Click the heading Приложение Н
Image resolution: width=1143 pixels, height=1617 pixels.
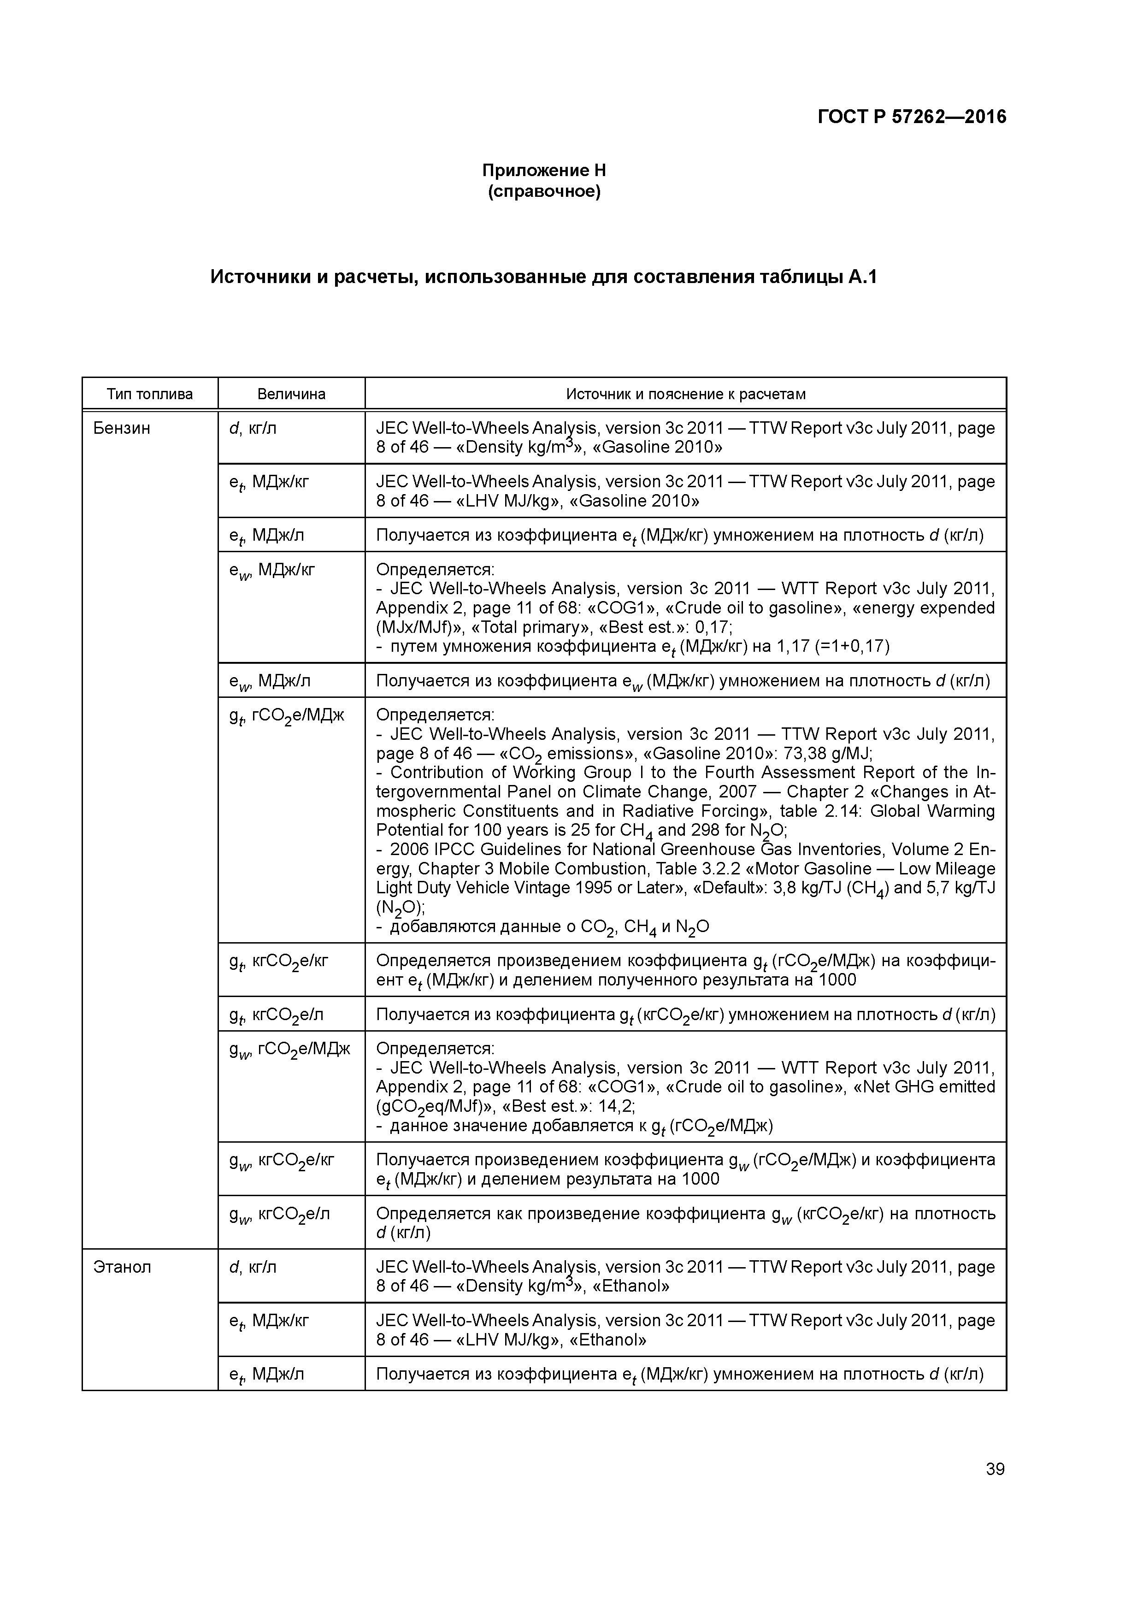click(544, 171)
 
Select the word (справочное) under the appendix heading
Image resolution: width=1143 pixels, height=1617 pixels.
click(544, 192)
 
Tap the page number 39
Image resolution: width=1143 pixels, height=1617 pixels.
click(995, 1469)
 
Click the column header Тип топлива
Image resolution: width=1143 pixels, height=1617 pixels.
click(149, 394)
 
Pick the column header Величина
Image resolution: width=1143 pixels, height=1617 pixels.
click(291, 394)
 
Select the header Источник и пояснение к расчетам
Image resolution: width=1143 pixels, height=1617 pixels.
click(685, 394)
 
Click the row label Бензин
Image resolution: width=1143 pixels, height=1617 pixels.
click(121, 428)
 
